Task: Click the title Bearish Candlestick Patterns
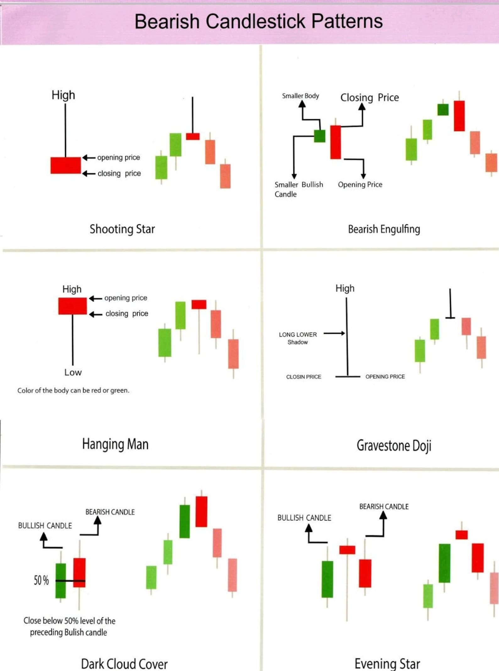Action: tap(258, 21)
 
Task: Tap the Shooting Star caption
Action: tap(122, 229)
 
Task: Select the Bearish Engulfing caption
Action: tap(384, 229)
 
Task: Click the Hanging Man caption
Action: tap(115, 444)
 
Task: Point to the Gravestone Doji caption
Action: tap(394, 445)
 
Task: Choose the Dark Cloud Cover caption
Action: tap(124, 664)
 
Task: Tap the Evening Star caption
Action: tap(387, 664)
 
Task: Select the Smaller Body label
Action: tap(300, 96)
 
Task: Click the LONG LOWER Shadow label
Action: tap(298, 338)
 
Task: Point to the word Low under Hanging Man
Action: tap(73, 372)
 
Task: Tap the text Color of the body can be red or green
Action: tap(73, 390)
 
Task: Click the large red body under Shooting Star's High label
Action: tap(66, 165)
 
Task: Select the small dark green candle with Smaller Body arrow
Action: tap(320, 136)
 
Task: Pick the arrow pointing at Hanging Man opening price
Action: tap(96, 298)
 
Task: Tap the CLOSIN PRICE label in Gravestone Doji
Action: tap(304, 377)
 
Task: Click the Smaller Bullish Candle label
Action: tap(299, 189)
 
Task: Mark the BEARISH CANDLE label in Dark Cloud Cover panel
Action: tap(110, 512)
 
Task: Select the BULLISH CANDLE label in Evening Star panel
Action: tap(304, 518)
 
